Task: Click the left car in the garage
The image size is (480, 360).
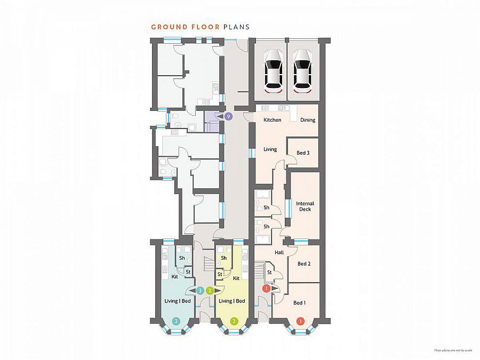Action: (273, 71)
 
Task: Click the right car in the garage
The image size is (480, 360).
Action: (302, 71)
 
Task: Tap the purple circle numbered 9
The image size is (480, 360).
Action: (228, 116)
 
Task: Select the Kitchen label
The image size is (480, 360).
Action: (272, 120)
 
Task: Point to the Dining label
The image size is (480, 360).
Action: (308, 120)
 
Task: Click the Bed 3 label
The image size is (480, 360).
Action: (303, 153)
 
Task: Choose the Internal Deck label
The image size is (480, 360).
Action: (305, 206)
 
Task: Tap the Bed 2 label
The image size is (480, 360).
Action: (304, 263)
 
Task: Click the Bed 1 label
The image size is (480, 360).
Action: (299, 303)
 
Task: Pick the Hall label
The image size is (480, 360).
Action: (279, 253)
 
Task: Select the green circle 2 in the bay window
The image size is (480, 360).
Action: (234, 321)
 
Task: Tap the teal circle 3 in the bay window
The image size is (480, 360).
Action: (176, 321)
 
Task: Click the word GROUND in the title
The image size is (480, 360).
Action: (169, 27)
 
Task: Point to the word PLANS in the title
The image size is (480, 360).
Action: (236, 27)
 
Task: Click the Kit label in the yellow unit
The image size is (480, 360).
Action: (236, 278)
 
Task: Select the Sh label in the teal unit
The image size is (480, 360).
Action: (182, 258)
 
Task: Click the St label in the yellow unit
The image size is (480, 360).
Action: (220, 274)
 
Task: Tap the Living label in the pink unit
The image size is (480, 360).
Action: (270, 149)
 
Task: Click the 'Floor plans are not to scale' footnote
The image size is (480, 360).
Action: (453, 350)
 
